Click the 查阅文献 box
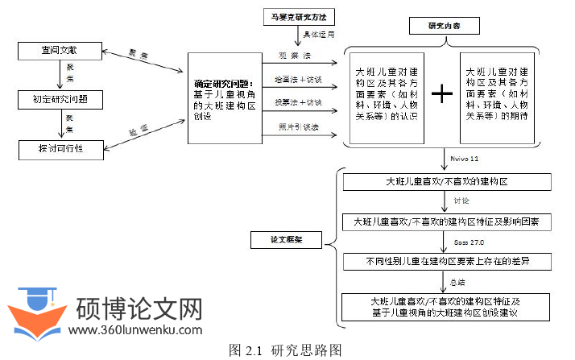59,52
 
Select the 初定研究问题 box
59,100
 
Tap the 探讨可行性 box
59,149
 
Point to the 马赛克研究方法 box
298,17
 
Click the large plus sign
442,93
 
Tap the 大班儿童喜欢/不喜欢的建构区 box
445,181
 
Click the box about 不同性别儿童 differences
445,262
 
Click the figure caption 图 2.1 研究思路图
286,350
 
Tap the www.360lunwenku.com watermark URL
135,329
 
